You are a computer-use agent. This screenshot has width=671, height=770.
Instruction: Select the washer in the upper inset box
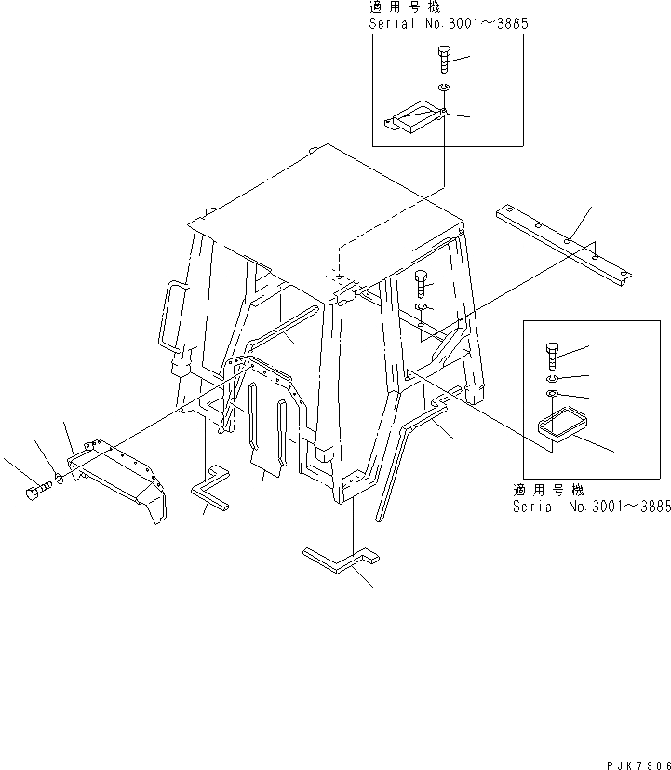(x=444, y=89)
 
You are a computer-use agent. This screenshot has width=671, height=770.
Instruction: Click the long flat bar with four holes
(x=563, y=241)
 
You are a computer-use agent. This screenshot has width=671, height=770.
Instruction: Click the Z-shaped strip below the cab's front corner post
(x=342, y=559)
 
